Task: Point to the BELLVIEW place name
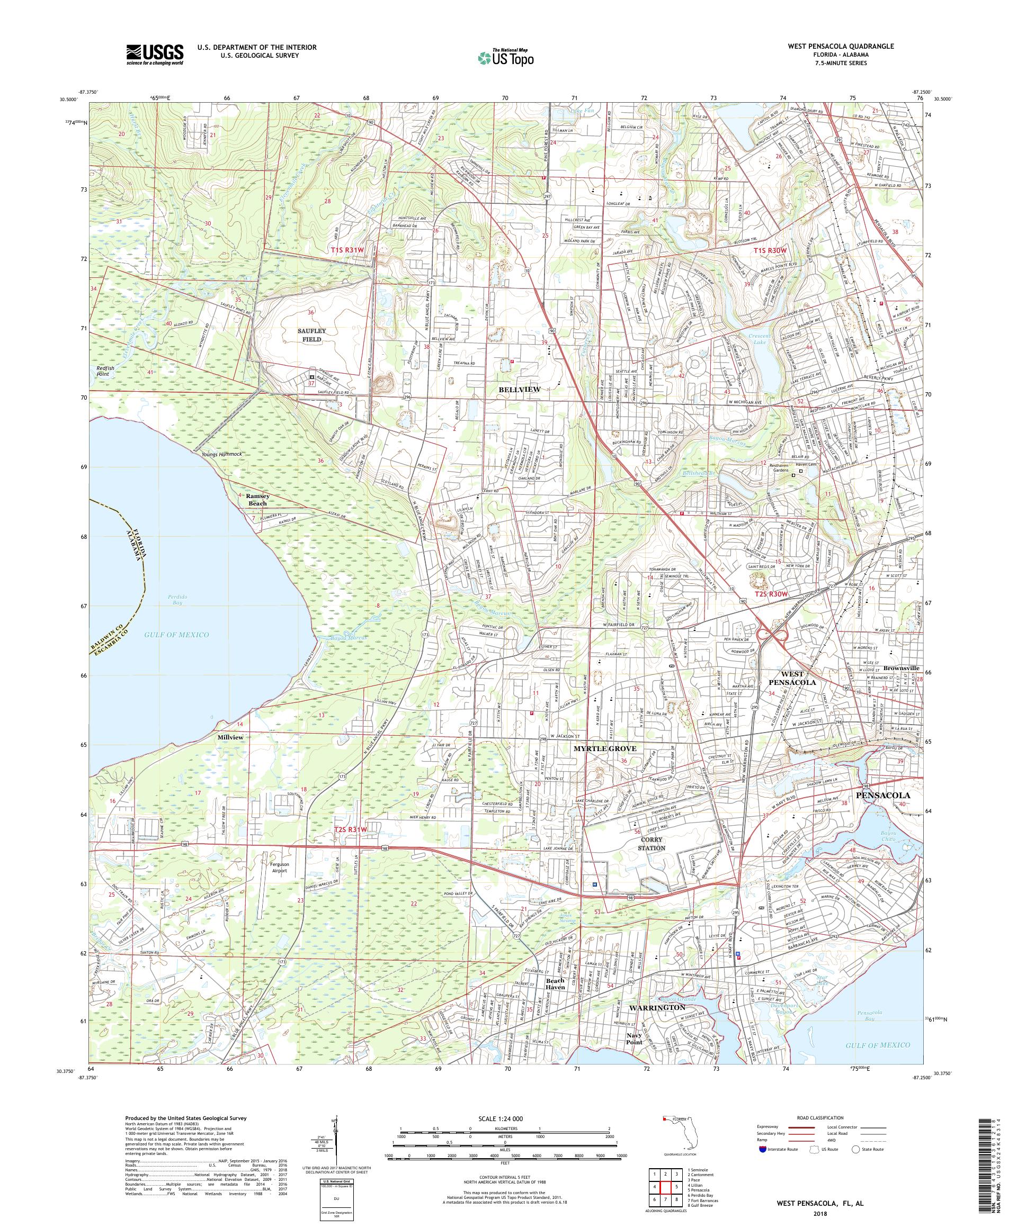[519, 389]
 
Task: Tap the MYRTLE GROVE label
[604, 748]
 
